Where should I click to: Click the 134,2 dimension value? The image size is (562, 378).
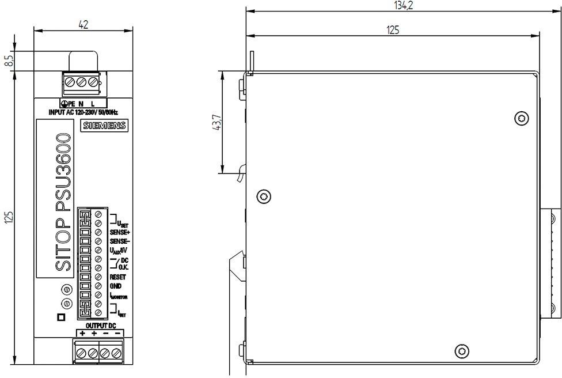[x=403, y=5]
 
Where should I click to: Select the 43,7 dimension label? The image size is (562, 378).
[x=218, y=122]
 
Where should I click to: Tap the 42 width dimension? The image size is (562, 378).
[x=83, y=24]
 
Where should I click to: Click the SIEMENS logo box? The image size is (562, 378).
[x=104, y=126]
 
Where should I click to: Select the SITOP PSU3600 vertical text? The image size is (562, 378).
[x=63, y=202]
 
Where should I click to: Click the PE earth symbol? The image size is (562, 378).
[x=64, y=104]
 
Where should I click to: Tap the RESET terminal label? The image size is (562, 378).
[x=117, y=277]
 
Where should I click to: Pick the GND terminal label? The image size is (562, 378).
[x=115, y=286]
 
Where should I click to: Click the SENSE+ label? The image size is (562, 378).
[x=120, y=232]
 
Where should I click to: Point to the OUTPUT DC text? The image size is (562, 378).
[x=101, y=326]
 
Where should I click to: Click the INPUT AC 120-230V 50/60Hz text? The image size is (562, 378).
[x=83, y=112]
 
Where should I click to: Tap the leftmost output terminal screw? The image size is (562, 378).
[x=81, y=353]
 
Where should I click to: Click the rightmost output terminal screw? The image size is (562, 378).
[x=116, y=353]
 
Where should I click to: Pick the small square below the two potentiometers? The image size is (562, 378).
[x=61, y=317]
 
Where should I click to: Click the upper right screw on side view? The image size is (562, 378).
[x=522, y=118]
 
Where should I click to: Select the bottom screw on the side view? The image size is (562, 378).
[x=462, y=351]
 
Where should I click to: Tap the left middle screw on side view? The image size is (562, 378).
[x=264, y=196]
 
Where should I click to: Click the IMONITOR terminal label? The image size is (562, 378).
[x=119, y=296]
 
